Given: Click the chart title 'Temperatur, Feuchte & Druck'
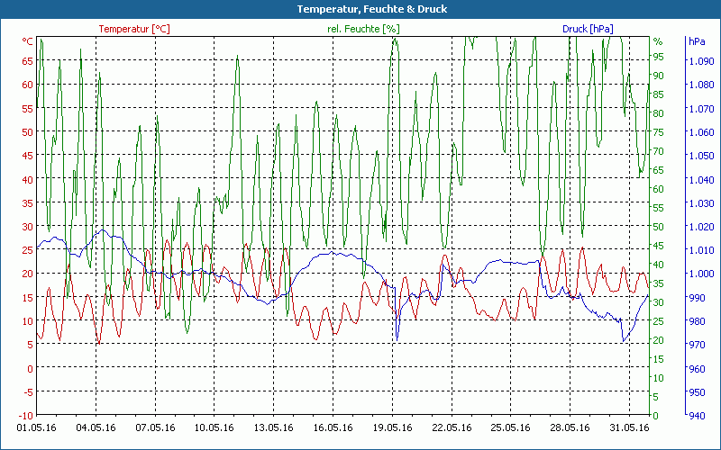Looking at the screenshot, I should (360, 9).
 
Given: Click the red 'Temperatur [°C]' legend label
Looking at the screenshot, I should (133, 29).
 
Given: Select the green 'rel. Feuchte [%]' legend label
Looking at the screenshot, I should (362, 29).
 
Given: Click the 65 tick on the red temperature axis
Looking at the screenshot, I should (27, 61).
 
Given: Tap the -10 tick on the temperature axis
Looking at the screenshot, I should (25, 415).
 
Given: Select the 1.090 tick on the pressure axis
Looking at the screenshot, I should (700, 61).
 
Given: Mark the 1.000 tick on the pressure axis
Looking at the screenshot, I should (700, 274).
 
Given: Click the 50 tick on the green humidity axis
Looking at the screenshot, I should (659, 226).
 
